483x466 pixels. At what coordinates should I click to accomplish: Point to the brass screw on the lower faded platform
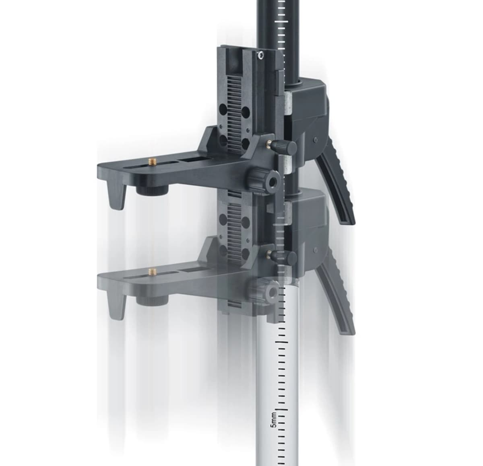(x=153, y=272)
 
